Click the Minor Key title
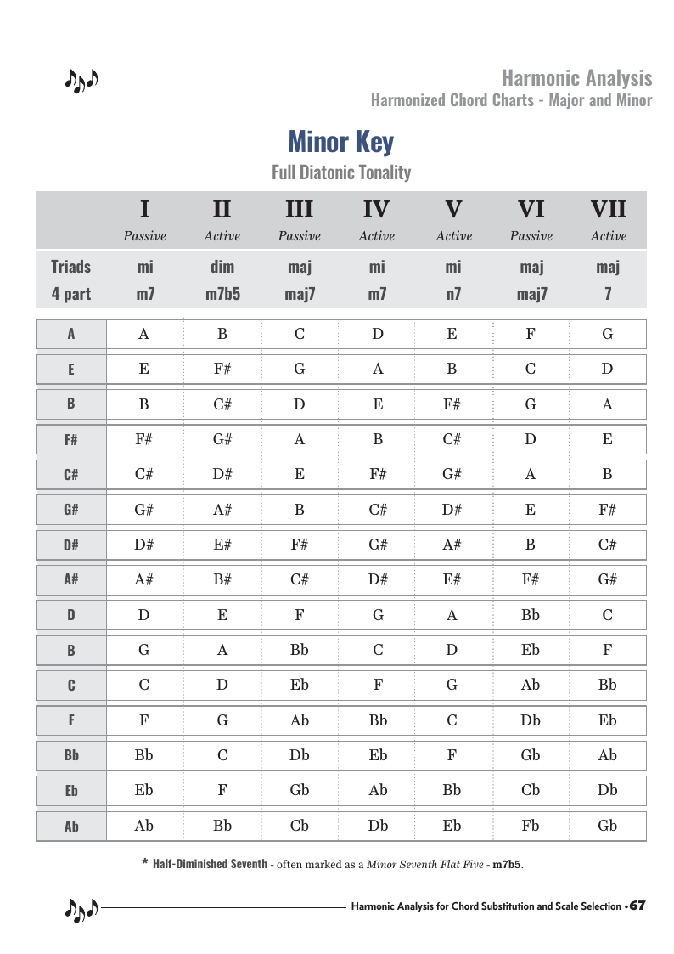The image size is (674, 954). pyautogui.click(x=340, y=141)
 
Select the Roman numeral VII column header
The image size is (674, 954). pyautogui.click(x=608, y=209)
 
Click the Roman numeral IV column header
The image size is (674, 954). pyautogui.click(x=376, y=209)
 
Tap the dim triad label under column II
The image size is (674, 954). pyautogui.click(x=222, y=268)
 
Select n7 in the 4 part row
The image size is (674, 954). pyautogui.click(x=452, y=295)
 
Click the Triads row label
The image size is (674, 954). pyautogui.click(x=70, y=268)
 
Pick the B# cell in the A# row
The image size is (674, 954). pyautogui.click(x=222, y=580)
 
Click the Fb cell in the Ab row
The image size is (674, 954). pyautogui.click(x=530, y=826)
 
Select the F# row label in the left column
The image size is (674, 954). pyautogui.click(x=71, y=440)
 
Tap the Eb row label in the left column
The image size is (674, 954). pyautogui.click(x=71, y=791)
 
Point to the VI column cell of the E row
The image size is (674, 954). pyautogui.click(x=530, y=369)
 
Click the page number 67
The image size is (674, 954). pyautogui.click(x=637, y=906)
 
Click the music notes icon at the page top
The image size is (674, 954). pyautogui.click(x=81, y=81)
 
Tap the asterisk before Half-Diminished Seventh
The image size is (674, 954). pyautogui.click(x=145, y=863)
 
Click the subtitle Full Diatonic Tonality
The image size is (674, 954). pyautogui.click(x=340, y=172)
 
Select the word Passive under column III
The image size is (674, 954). pyautogui.click(x=299, y=236)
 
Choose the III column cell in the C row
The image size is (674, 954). pyautogui.click(x=299, y=686)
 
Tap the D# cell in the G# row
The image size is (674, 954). pyautogui.click(x=452, y=510)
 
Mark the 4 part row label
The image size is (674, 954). pyautogui.click(x=70, y=295)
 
